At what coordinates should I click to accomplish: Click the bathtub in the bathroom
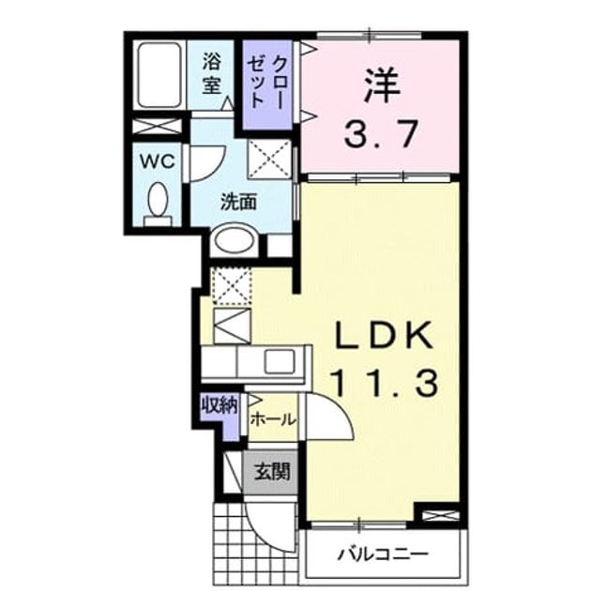click(159, 75)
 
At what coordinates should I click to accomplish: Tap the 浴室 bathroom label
click(211, 73)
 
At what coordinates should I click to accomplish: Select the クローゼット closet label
click(266, 82)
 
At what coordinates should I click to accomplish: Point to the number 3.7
click(381, 133)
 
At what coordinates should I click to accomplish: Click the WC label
click(158, 161)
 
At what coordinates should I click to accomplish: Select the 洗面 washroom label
click(238, 202)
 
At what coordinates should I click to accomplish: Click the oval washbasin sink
click(235, 240)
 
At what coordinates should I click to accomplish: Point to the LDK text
click(384, 335)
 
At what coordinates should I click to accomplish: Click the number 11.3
click(385, 382)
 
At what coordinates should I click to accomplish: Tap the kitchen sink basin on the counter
click(280, 362)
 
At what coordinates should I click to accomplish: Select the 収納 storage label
click(220, 405)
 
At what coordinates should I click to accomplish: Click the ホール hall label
click(272, 419)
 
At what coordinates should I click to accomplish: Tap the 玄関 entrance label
click(271, 472)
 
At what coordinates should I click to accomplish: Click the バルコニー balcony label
click(383, 554)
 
